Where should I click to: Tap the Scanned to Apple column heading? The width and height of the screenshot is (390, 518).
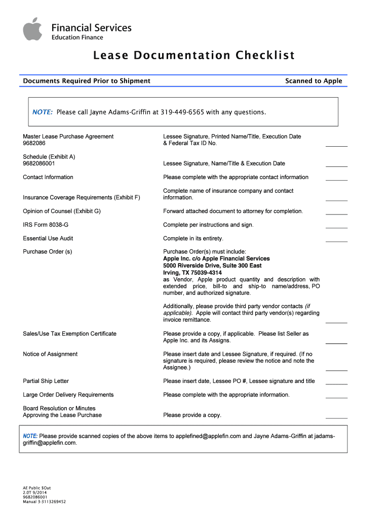pyautogui.click(x=314, y=81)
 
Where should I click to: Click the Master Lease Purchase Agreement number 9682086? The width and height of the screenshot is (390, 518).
pyautogui.click(x=33, y=143)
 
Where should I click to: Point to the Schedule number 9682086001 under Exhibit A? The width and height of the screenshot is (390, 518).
pyautogui.click(x=39, y=164)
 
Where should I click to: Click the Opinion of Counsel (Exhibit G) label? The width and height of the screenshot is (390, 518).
pyautogui.click(x=62, y=211)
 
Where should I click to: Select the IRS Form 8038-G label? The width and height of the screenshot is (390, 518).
pyautogui.click(x=46, y=225)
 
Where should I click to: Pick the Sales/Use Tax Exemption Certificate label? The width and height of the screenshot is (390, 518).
pyautogui.click(x=69, y=334)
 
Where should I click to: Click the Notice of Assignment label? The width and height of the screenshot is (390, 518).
pyautogui.click(x=50, y=354)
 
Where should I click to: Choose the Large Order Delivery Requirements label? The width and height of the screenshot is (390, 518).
pyautogui.click(x=68, y=395)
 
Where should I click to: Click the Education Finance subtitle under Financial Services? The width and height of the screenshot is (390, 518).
pyautogui.click(x=77, y=37)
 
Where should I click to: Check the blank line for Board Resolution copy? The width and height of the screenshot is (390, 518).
pyautogui.click(x=336, y=417)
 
